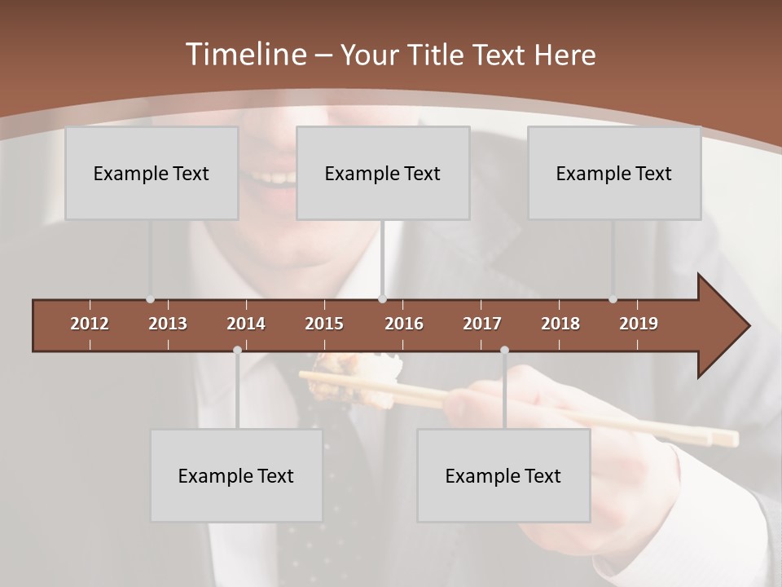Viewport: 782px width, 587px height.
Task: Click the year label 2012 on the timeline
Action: pos(90,324)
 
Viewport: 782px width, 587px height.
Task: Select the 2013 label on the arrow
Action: pos(168,324)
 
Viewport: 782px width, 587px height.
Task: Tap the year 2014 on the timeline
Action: pos(246,324)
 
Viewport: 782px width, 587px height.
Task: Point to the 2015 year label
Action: pos(324,324)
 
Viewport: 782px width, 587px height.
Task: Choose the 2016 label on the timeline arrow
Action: pos(404,324)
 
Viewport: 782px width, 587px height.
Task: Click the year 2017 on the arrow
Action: pos(482,324)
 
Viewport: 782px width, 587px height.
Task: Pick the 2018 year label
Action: pos(560,324)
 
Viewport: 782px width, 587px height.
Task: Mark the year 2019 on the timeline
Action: pos(639,324)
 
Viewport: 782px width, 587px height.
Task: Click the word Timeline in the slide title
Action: pos(244,55)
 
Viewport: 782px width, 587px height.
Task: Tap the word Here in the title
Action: pos(565,55)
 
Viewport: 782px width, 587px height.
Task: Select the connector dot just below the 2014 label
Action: pos(237,350)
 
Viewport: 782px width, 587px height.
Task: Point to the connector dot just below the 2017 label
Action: pos(504,350)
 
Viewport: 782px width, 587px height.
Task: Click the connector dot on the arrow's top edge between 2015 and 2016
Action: pos(382,299)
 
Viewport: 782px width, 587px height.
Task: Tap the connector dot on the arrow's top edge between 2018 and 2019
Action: pos(613,299)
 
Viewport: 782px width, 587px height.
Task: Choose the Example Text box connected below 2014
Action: pos(236,475)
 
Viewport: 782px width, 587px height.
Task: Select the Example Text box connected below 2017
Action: pos(503,475)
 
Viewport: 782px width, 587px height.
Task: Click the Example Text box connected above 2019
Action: pos(614,173)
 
